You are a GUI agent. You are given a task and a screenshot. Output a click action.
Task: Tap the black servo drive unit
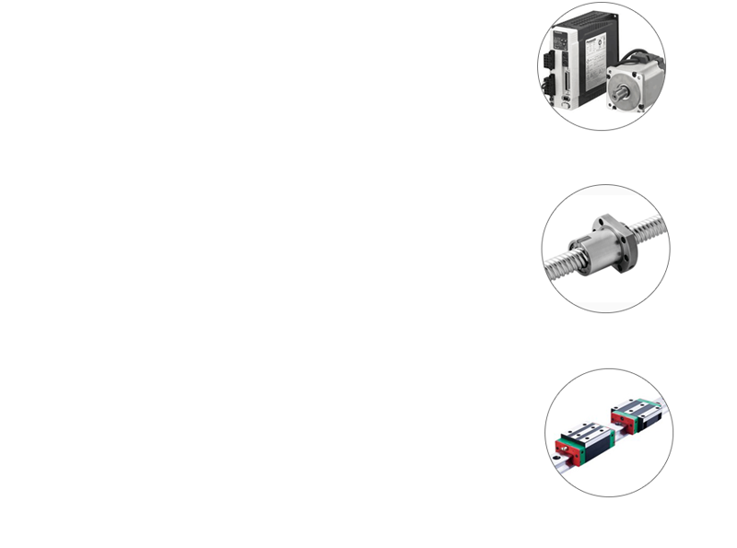coord(576,55)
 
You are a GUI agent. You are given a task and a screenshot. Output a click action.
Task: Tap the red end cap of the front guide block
coord(559,447)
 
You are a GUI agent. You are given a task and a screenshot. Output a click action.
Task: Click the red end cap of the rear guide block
coord(615,420)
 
